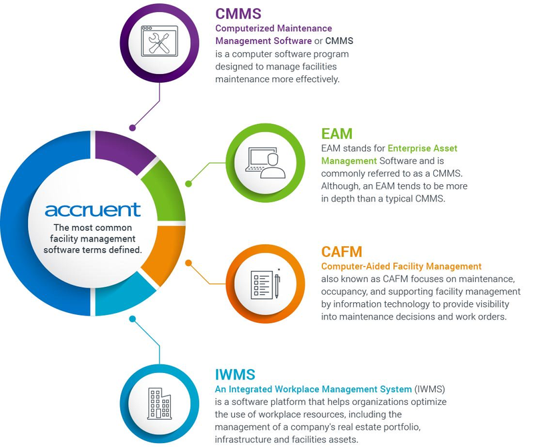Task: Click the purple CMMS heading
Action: tap(238, 13)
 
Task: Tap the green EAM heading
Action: tap(336, 133)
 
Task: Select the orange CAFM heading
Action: tap(341, 252)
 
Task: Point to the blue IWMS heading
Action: tap(235, 374)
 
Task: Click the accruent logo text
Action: tap(93, 209)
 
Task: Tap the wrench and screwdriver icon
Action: tap(160, 41)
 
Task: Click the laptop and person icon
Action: tap(266, 163)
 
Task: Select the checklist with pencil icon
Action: tap(266, 284)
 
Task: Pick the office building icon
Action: tap(160, 404)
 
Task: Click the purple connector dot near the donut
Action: tap(132, 128)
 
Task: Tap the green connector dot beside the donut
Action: tap(188, 184)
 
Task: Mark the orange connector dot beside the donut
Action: tap(188, 263)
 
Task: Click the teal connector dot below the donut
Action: tap(132, 319)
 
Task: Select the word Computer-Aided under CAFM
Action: tap(356, 266)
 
